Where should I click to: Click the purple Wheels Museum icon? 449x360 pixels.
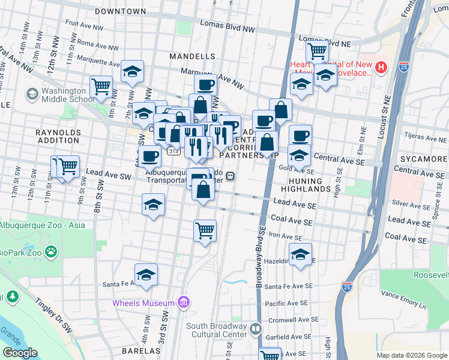pos(184,302)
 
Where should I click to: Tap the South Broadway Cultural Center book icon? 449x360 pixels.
pos(256,329)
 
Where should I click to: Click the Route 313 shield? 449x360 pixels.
pos(173,151)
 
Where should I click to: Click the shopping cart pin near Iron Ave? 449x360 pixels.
pos(205,230)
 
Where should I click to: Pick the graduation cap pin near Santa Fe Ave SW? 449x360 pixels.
pos(146,275)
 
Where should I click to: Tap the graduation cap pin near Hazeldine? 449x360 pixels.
pos(300,253)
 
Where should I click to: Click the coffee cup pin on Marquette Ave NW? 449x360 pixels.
pos(205,85)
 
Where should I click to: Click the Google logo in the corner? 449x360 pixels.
pos(20,353)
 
